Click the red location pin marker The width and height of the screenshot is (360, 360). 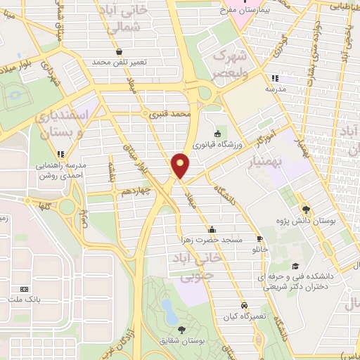(x=181, y=165)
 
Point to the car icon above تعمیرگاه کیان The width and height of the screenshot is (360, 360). (x=243, y=307)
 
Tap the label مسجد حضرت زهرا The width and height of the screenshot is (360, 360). (x=212, y=240)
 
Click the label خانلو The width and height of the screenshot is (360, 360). (x=259, y=249)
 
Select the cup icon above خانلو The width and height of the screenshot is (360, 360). (x=259, y=238)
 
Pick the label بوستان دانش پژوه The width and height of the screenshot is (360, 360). (x=306, y=220)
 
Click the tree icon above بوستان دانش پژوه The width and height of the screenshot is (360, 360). (x=306, y=209)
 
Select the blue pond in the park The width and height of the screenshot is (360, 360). (x=168, y=308)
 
